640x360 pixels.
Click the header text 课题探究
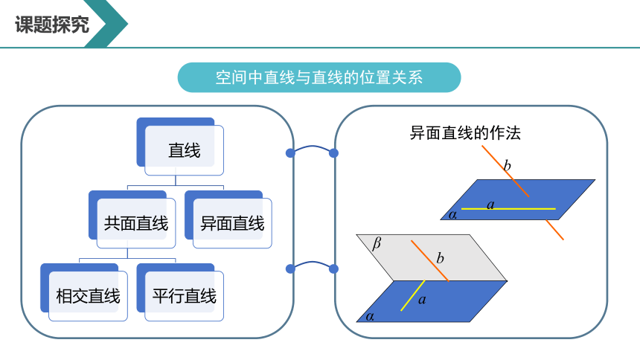point(52,25)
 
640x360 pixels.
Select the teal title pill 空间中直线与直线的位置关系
point(319,77)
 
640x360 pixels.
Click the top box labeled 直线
point(180,147)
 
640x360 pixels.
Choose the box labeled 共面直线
point(132,219)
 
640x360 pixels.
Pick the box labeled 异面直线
point(228,219)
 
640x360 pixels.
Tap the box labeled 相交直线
point(84,292)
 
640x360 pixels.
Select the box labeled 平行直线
point(180,292)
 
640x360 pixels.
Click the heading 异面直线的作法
point(465,133)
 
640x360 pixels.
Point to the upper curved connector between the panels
point(312,147)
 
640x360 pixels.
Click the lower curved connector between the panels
point(312,263)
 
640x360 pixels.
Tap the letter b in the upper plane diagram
point(507,165)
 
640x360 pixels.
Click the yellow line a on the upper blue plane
point(508,209)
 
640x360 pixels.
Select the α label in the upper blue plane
point(452,214)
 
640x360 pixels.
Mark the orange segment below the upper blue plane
point(554,230)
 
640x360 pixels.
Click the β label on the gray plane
point(377,243)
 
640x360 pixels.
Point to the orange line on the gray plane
point(430,261)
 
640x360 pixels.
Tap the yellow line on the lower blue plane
point(413,295)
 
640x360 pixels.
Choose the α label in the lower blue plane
point(370,316)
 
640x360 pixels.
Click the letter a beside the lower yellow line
point(422,300)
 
